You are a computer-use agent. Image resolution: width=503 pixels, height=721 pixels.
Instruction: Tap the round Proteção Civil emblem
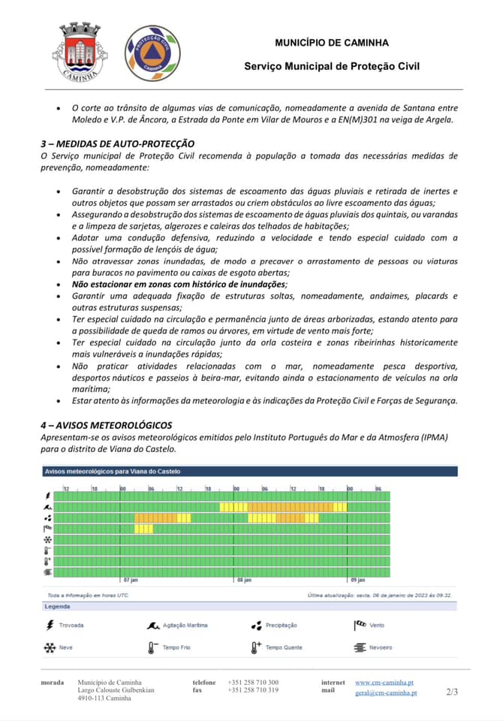pos(152,52)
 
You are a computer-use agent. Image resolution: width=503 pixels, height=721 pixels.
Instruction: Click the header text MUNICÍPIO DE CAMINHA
pos(332,43)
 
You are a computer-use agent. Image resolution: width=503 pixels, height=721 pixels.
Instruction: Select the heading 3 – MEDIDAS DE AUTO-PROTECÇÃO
pos(117,143)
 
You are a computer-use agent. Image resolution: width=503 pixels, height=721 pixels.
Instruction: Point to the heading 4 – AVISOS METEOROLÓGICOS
pos(106,425)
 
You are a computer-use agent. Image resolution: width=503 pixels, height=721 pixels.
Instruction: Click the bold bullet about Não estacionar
pos(179,285)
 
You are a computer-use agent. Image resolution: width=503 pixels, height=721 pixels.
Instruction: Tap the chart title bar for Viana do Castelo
pos(248,472)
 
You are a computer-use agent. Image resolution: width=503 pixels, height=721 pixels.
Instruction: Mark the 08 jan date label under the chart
pos(243,580)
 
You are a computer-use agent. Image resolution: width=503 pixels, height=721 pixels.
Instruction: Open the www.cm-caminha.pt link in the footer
pos(384,682)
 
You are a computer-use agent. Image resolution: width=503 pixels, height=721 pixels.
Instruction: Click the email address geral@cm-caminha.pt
pos(386,692)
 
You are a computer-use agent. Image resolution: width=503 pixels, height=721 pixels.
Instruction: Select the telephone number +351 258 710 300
pos(253,682)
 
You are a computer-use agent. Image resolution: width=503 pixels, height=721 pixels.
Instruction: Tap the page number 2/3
pos(451,691)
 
